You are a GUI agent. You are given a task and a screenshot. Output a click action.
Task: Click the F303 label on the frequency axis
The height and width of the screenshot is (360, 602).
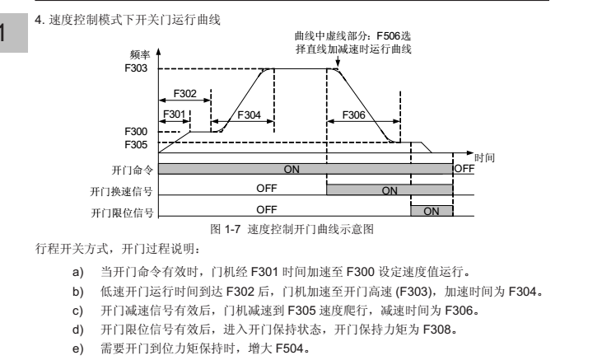tap(136, 68)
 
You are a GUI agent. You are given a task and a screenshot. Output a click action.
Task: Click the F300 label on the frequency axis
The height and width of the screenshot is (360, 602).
tap(136, 132)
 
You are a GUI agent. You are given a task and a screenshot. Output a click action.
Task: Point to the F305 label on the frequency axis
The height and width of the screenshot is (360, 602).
tap(136, 145)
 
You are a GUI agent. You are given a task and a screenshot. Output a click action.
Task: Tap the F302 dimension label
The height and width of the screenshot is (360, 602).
tap(185, 93)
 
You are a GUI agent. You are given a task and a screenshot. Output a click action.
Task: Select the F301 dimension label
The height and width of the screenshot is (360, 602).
tap(175, 115)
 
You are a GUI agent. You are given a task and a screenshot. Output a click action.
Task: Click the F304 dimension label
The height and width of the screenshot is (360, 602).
tap(249, 115)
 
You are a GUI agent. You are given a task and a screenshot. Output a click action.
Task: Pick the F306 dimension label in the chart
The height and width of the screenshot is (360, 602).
tap(353, 115)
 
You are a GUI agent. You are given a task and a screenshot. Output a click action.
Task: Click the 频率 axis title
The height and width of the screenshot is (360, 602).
tap(140, 55)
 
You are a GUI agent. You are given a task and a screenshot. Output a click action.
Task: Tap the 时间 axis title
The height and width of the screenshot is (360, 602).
tap(484, 158)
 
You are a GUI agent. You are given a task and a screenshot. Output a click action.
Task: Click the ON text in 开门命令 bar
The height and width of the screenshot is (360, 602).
tap(292, 169)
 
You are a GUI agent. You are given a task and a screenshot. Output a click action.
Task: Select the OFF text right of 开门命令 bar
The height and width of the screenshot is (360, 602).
tap(464, 169)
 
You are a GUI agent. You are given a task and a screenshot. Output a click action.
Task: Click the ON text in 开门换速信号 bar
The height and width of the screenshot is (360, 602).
tap(390, 190)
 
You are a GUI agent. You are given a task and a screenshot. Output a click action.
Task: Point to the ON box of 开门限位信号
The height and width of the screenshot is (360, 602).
tap(432, 211)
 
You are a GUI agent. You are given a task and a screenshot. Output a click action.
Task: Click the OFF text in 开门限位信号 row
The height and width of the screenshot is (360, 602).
tap(267, 210)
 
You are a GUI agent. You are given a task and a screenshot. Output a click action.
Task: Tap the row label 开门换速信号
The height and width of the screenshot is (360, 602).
tap(121, 192)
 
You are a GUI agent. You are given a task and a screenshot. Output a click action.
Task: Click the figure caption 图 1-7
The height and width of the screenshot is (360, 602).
tap(226, 229)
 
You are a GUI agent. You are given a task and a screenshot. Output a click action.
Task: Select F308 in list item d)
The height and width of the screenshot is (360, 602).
tap(437, 330)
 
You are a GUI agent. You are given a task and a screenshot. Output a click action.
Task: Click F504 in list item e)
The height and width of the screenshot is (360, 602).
tap(290, 348)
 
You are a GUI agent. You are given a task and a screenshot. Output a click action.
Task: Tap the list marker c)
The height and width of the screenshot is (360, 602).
tap(77, 311)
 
